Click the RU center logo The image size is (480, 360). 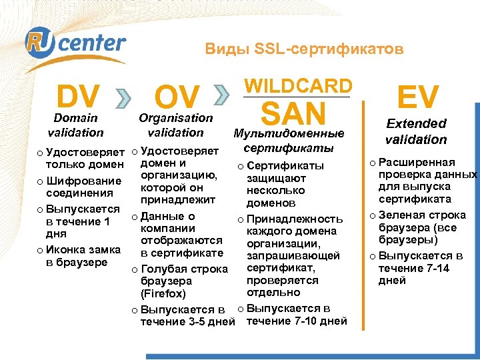75,45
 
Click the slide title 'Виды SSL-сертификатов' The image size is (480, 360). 304,49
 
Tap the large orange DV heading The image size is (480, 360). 78,97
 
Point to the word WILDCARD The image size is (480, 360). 297,86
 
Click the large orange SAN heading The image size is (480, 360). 293,113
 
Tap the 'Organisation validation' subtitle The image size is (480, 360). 175,125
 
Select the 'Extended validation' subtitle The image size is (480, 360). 416,131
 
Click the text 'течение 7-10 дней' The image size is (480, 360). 297,321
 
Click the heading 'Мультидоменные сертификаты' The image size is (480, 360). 293,140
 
